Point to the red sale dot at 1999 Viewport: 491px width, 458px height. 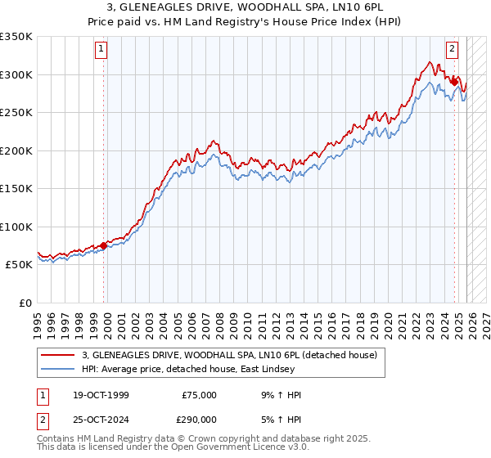pos(104,245)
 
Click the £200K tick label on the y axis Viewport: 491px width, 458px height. pos(16,150)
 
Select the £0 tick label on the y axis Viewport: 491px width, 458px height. pos(25,303)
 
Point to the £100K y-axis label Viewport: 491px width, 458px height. pos(16,227)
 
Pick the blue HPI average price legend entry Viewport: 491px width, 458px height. pos(200,369)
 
